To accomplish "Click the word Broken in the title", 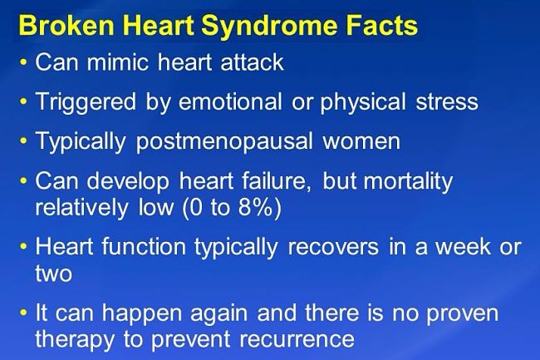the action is [66, 25].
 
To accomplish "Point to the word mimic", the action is [117, 62].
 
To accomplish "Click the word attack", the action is [252, 62].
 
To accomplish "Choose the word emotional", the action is [230, 101].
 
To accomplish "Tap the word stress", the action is [447, 102].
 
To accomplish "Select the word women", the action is [361, 141].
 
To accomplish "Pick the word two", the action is [54, 274].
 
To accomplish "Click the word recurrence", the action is [297, 339].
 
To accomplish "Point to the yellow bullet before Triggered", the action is [23, 101].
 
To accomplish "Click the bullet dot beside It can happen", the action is [23, 313].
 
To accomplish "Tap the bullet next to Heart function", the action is [23, 247].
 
